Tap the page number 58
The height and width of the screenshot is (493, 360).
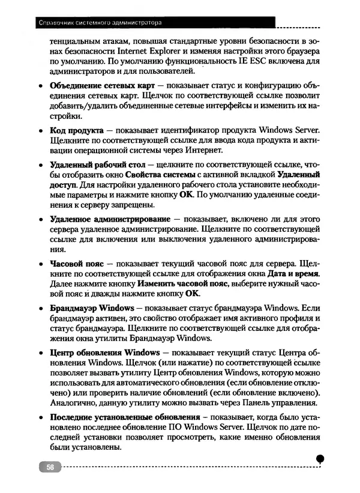pyautogui.click(x=50, y=467)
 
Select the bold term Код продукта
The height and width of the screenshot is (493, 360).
pyautogui.click(x=76, y=130)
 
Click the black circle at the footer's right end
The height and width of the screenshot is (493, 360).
pyautogui.click(x=320, y=458)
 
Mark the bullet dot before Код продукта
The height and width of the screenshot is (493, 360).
pyautogui.click(x=40, y=130)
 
